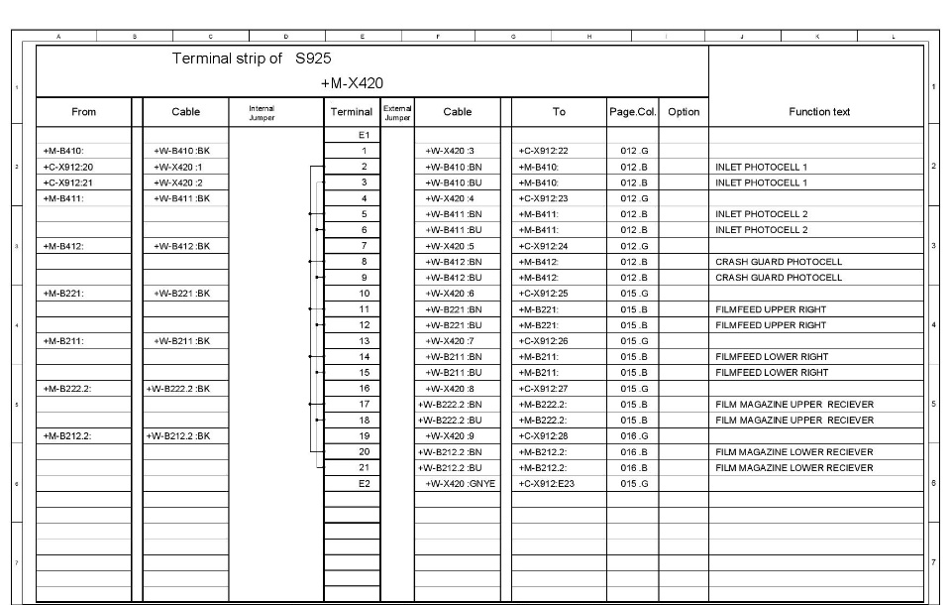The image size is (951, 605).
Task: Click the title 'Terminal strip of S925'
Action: (x=251, y=60)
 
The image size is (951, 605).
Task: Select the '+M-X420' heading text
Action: (x=352, y=82)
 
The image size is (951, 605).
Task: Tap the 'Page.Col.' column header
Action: (x=632, y=112)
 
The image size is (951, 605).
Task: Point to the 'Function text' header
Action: (x=818, y=112)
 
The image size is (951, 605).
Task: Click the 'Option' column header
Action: (x=684, y=112)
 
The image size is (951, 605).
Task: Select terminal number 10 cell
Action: (x=364, y=294)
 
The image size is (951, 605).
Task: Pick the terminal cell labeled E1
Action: (x=364, y=135)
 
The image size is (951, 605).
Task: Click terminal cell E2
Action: (x=364, y=484)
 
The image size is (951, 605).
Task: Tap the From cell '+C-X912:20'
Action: (x=66, y=167)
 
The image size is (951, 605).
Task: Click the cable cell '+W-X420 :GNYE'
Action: (x=461, y=484)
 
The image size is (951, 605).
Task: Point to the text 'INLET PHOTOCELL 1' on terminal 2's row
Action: (x=761, y=167)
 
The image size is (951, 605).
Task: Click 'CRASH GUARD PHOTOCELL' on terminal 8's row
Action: (x=778, y=262)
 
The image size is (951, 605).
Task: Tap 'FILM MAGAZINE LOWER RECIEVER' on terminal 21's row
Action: (x=793, y=468)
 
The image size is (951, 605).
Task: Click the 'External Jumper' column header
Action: (x=397, y=112)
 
